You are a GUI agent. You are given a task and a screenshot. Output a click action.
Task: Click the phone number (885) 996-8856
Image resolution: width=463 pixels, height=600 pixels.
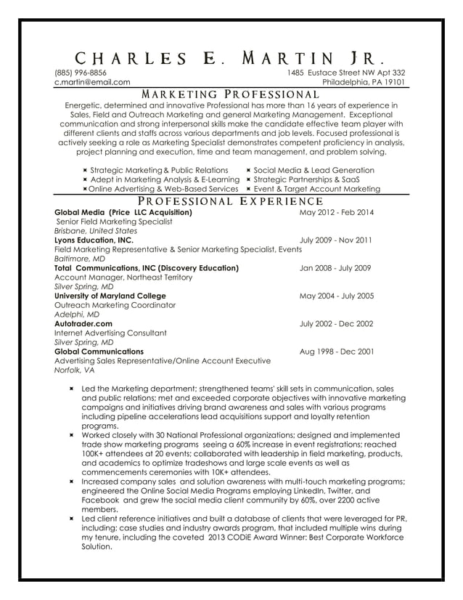(81, 73)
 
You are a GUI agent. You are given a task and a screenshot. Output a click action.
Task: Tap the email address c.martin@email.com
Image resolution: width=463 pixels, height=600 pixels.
(92, 83)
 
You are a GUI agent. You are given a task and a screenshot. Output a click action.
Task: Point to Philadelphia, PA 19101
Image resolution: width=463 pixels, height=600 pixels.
(364, 83)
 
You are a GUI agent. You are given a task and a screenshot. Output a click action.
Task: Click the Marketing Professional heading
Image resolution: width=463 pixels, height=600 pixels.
(230, 94)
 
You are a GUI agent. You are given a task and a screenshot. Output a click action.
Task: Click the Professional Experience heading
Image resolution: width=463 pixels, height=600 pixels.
(230, 201)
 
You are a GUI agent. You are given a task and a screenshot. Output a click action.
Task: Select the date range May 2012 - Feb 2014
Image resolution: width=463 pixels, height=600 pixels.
(337, 212)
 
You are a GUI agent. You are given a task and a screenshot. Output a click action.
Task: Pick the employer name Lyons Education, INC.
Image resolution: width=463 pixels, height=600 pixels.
(94, 240)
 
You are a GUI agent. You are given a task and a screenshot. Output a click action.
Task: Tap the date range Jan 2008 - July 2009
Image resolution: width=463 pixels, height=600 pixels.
(335, 267)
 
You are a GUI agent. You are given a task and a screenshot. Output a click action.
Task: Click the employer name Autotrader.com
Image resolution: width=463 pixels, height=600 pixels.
(83, 323)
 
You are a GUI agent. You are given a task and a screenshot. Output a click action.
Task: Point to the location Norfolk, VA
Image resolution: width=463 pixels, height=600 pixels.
(74, 370)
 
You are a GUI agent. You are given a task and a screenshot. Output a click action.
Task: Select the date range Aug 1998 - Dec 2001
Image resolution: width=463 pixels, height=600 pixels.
(337, 351)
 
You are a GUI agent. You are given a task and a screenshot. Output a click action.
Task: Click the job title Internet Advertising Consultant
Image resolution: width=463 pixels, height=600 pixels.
(110, 333)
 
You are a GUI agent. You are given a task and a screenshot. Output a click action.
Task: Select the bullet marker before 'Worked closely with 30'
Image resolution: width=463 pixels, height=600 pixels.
(72, 434)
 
